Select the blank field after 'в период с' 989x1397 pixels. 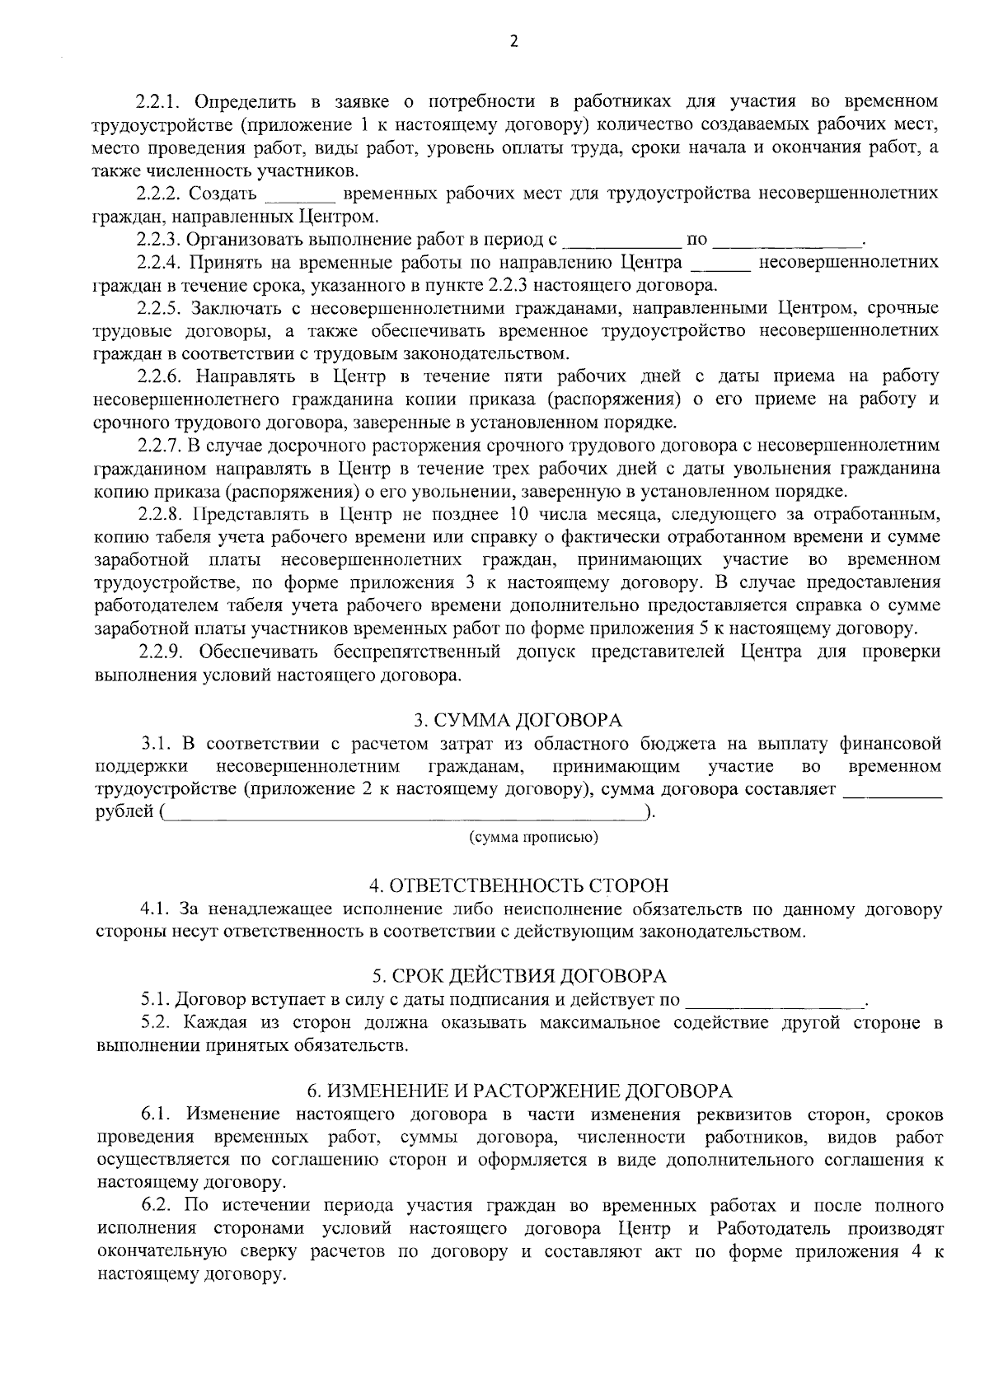(620, 241)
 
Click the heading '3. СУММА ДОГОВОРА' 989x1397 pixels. (518, 722)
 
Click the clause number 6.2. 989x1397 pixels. (154, 1207)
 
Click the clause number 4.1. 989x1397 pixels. (154, 910)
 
